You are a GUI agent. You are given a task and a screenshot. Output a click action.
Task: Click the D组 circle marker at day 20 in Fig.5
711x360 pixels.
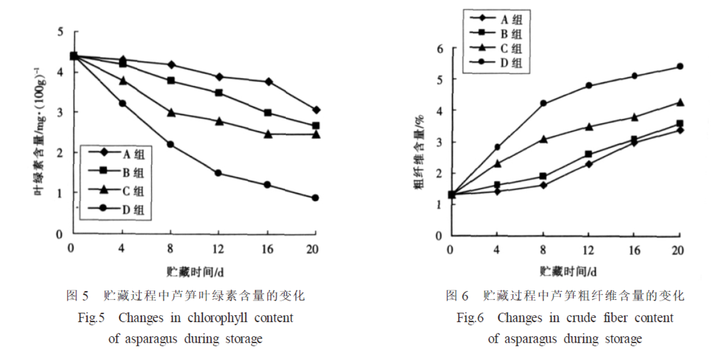[x=315, y=198]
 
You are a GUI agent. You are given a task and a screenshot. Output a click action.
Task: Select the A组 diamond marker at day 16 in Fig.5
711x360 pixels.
[x=268, y=81]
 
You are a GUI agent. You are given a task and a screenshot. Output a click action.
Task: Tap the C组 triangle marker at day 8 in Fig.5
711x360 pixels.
[x=171, y=113]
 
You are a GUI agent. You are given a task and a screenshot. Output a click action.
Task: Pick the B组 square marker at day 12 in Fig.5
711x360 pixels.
[x=219, y=93]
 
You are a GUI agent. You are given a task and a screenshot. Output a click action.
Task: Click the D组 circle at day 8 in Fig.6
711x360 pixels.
[x=544, y=103]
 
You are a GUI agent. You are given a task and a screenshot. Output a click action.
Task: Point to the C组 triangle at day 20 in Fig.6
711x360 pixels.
[x=680, y=103]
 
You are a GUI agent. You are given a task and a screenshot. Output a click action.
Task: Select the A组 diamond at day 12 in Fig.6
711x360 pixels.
[x=589, y=164]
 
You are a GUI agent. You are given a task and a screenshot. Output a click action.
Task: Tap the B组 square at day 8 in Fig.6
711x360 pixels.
[x=544, y=176]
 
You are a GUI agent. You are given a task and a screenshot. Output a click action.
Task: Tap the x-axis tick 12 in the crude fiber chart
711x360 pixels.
[x=588, y=250]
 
